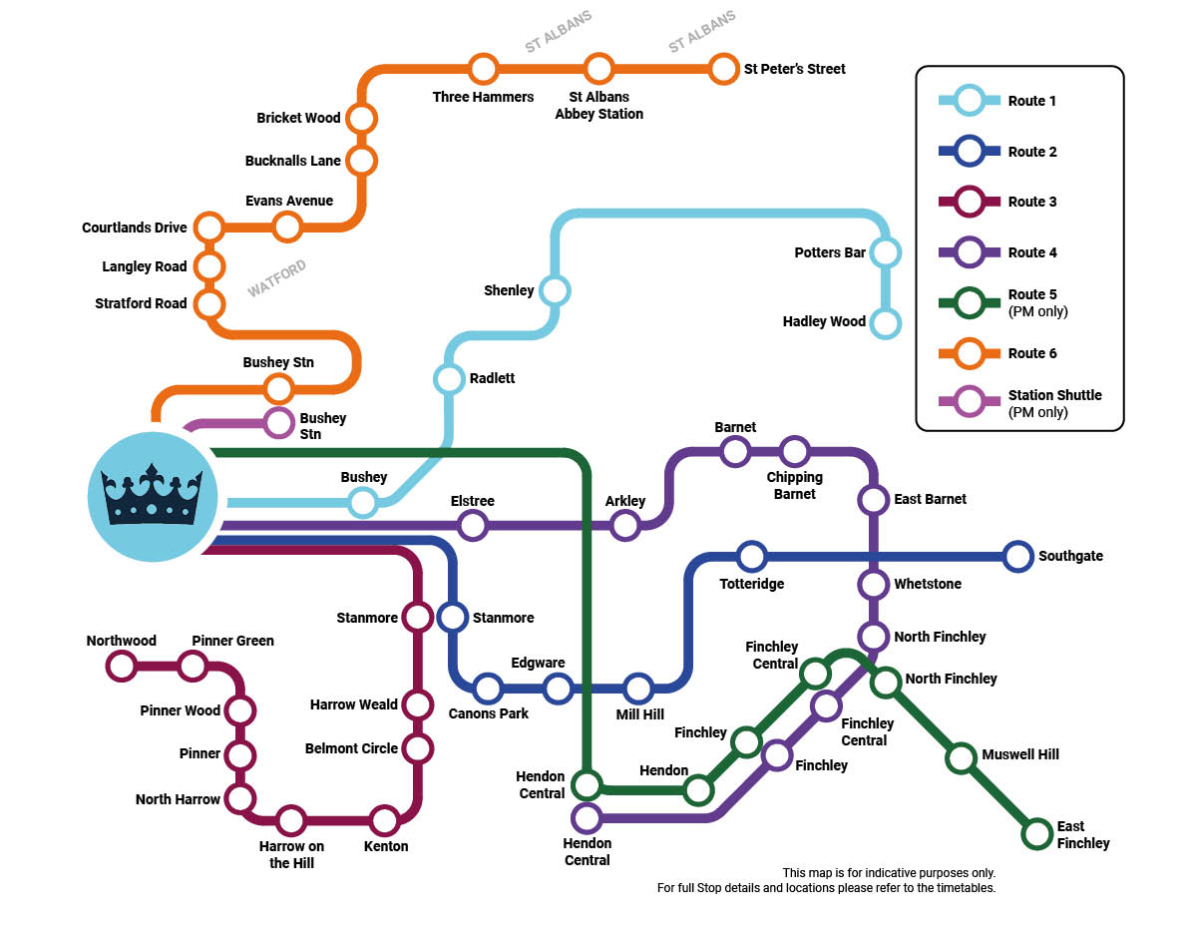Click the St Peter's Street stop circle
pos(723,70)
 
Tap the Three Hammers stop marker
pos(483,70)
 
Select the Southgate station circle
pos(1017,556)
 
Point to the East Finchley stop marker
pos(1037,832)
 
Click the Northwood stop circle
pos(121,665)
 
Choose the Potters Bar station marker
pos(885,252)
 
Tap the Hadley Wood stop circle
pos(885,322)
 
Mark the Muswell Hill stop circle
pos(960,757)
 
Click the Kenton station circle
pos(384,821)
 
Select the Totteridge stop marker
pos(751,556)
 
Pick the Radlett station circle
pos(449,379)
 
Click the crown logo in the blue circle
pos(152,496)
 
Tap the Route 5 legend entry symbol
pos(971,300)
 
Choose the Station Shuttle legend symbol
pos(971,401)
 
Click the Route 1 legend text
pos(1031,101)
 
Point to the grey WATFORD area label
pos(277,279)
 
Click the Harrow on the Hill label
pos(292,855)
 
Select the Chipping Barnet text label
pos(794,486)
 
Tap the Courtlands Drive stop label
pos(135,228)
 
